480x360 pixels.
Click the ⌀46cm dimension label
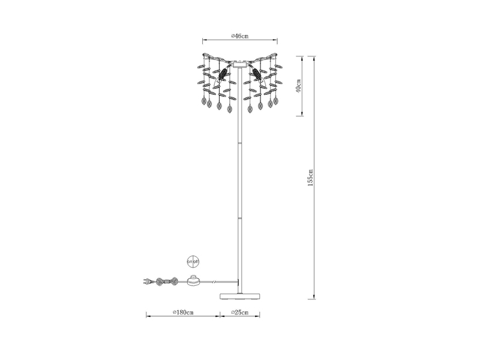point(239,37)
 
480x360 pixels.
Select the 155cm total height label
point(310,177)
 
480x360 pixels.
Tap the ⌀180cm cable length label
point(182,313)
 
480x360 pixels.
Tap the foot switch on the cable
point(193,280)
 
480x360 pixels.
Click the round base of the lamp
point(239,295)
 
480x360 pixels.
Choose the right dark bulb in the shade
point(257,74)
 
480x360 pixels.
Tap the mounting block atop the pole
point(239,64)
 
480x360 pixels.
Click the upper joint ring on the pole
point(239,144)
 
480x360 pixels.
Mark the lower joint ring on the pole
point(239,219)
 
